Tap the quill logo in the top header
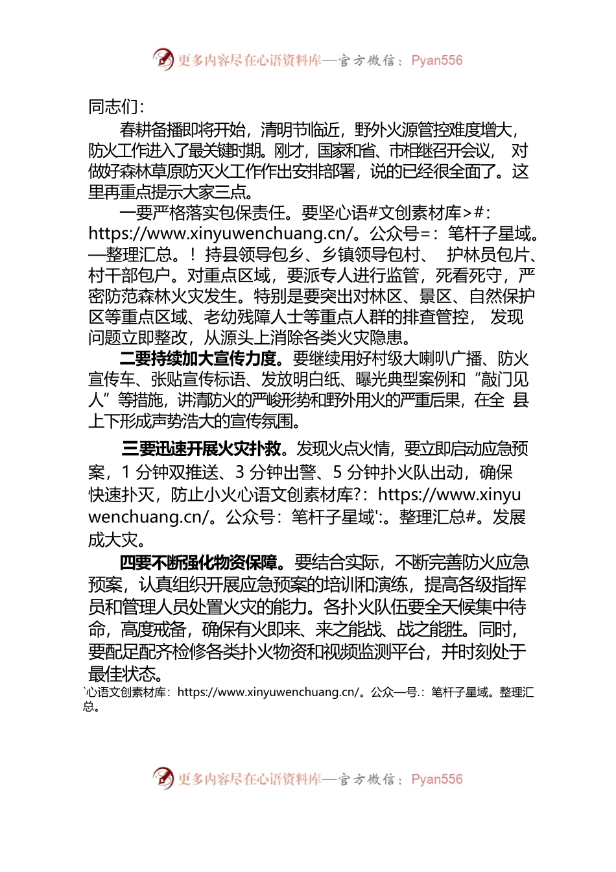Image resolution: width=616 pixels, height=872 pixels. [x=163, y=60]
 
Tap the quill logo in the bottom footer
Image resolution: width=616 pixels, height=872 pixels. [x=163, y=778]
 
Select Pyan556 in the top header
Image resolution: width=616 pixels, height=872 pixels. [x=437, y=60]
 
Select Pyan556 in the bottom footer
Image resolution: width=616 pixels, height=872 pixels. [x=437, y=779]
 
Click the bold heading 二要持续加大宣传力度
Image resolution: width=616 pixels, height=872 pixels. [x=198, y=358]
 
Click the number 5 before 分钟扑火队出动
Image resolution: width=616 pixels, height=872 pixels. [x=338, y=472]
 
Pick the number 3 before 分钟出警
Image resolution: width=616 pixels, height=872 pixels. [x=240, y=472]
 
